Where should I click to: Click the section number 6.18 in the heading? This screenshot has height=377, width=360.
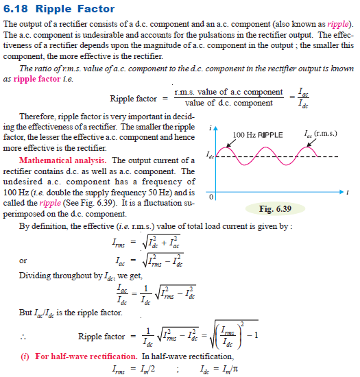coord(18,9)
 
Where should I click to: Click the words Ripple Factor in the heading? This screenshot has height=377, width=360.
coord(75,9)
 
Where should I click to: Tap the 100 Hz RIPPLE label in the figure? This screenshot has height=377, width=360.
coord(258,135)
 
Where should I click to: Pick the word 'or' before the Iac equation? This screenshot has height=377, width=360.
coord(23,260)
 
